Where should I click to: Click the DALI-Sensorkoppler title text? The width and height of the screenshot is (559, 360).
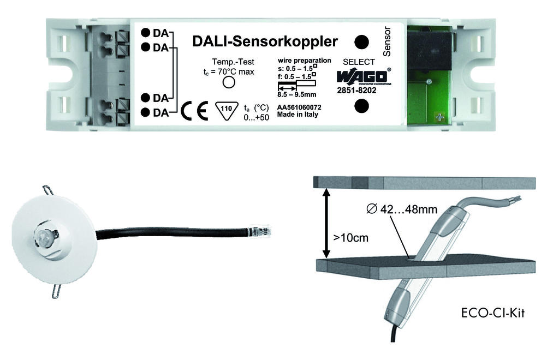tap(265, 41)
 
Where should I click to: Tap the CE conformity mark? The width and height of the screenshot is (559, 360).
tap(194, 111)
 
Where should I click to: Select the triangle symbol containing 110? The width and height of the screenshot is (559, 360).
tap(227, 111)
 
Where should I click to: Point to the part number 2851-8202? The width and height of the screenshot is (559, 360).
tap(356, 91)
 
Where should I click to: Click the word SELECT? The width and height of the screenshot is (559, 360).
tap(359, 62)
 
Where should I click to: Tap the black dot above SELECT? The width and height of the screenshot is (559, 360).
tap(361, 42)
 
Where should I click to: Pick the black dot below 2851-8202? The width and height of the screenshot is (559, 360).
tap(361, 106)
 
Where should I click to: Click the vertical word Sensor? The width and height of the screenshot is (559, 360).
tap(386, 41)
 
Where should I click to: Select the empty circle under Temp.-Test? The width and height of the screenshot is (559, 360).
tap(229, 82)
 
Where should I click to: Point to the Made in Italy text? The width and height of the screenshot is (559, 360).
tap(298, 115)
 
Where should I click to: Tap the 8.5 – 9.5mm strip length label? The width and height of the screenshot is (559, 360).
tap(296, 95)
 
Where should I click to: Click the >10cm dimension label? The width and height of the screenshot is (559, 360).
tap(350, 237)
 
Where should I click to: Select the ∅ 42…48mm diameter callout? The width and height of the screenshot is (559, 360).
tap(402, 209)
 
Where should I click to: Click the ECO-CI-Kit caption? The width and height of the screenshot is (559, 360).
tap(493, 313)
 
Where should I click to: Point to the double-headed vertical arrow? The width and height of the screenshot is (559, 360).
tap(326, 223)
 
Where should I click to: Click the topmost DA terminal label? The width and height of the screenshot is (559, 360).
tap(160, 33)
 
